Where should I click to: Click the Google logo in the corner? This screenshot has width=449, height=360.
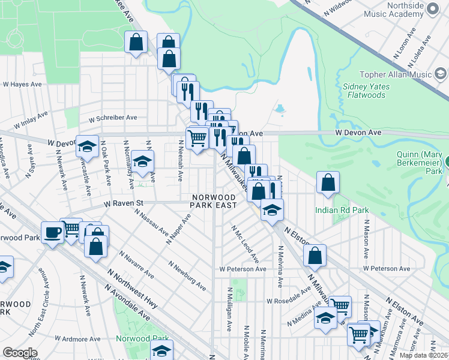point(20,353)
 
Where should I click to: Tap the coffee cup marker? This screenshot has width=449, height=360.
point(52,232)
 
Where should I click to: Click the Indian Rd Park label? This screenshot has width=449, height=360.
point(342,210)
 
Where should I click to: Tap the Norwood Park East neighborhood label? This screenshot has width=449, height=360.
point(213,201)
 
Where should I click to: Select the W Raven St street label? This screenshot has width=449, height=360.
point(124,203)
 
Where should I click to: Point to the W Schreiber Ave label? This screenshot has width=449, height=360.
point(113,118)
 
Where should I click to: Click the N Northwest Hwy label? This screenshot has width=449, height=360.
point(132,289)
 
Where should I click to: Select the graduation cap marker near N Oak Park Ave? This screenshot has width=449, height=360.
point(87,146)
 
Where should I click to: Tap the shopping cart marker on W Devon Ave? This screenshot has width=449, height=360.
point(197,138)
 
